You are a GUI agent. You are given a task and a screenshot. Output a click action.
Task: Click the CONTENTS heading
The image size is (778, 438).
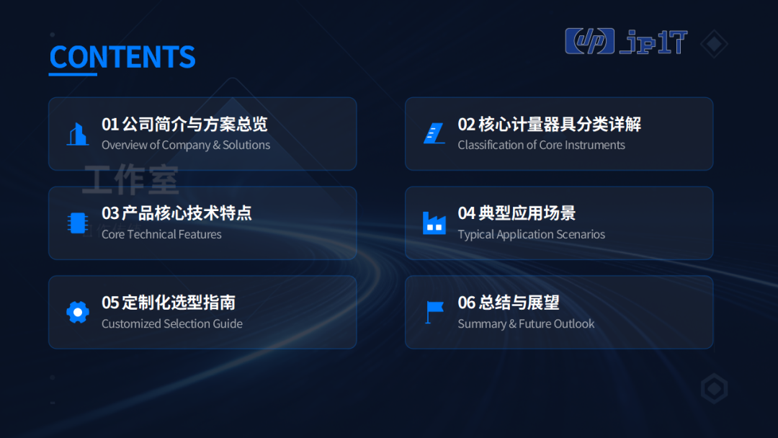click(x=122, y=56)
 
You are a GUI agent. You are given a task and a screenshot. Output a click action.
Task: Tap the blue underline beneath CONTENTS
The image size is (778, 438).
click(x=73, y=74)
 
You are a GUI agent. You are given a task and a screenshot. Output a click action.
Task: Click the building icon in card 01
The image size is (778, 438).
click(x=78, y=134)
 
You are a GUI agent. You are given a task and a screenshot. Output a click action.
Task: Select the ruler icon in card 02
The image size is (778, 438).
click(x=434, y=133)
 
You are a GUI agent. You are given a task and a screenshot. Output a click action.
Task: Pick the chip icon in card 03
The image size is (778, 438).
click(x=78, y=223)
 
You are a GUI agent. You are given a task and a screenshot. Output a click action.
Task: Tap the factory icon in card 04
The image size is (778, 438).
click(x=434, y=223)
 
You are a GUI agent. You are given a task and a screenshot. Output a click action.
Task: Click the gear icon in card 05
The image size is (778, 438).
click(x=78, y=313)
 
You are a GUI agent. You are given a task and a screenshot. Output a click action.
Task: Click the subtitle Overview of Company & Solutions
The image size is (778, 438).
click(x=186, y=146)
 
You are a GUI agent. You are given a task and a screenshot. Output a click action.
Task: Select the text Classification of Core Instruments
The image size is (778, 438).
click(x=541, y=146)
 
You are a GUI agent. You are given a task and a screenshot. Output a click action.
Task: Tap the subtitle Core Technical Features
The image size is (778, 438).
click(x=162, y=234)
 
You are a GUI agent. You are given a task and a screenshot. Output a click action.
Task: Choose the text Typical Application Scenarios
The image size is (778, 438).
click(x=532, y=235)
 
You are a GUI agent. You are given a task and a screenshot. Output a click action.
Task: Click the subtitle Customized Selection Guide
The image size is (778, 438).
click(x=172, y=324)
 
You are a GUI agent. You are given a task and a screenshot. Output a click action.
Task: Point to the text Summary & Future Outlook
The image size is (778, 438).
click(x=526, y=324)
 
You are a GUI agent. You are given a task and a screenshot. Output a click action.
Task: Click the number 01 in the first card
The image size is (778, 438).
click(x=110, y=125)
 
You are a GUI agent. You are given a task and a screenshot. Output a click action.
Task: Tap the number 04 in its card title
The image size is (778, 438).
click(x=466, y=214)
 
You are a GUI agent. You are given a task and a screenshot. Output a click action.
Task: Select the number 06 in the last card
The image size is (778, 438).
click(x=466, y=303)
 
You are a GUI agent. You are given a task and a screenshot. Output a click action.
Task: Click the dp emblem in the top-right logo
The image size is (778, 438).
click(x=589, y=41)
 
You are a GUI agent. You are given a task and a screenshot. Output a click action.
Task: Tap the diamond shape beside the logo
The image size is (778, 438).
click(x=714, y=44)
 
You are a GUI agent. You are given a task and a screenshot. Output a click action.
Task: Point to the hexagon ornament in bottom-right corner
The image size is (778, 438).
click(x=715, y=388)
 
